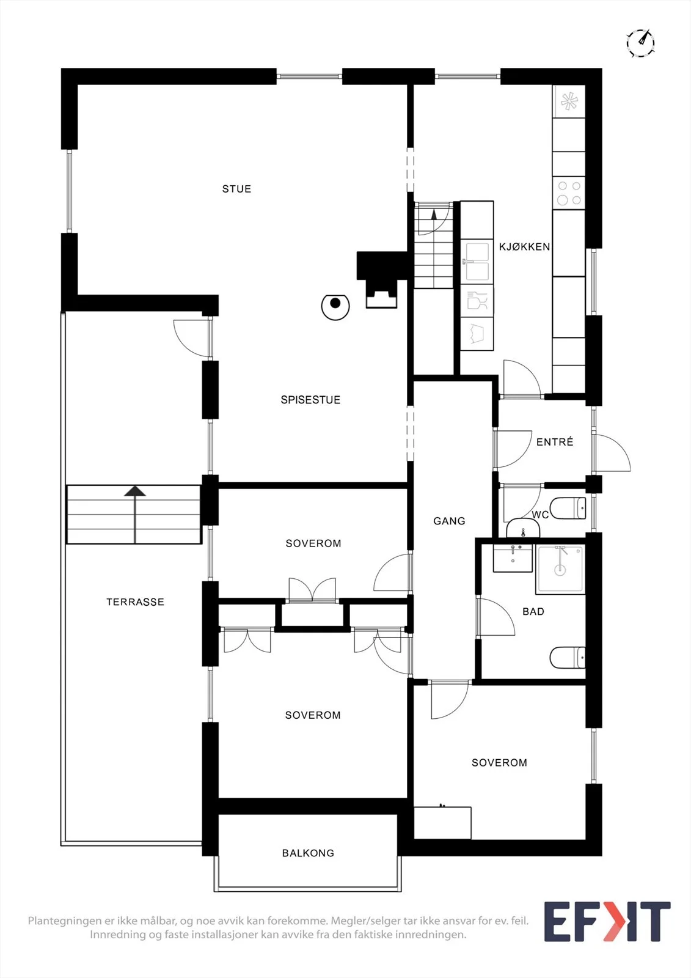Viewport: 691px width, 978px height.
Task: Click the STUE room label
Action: pos(236,189)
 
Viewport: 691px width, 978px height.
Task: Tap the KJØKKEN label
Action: pos(524,247)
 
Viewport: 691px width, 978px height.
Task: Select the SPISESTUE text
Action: pos(310,400)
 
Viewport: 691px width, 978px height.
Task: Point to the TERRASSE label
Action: pos(135,601)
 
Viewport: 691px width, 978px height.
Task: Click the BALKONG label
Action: pos(308,853)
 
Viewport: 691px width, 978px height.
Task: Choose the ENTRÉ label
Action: pos(555,442)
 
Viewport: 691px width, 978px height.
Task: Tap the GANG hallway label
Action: pos(449,521)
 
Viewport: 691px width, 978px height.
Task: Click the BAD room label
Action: pos(533,612)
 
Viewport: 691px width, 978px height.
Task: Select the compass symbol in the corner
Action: pos(641,43)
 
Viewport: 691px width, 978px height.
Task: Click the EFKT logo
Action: pos(607,922)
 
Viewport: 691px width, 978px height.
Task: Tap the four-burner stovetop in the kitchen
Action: pos(569,193)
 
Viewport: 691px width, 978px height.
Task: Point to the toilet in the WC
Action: pos(568,508)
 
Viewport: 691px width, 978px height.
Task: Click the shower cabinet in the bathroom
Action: pos(561,568)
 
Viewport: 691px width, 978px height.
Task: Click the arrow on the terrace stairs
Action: pos(135,515)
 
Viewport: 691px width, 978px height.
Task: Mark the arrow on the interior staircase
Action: pos(433,214)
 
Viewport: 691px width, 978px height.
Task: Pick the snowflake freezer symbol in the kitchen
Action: pos(569,101)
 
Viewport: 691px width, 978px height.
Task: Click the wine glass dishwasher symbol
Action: pos(477,301)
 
